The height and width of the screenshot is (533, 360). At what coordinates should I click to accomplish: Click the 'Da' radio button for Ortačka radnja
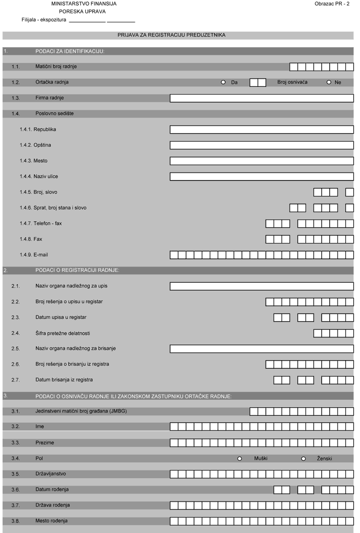tap(223, 82)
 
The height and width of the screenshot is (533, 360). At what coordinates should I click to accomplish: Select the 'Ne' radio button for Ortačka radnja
tap(329, 82)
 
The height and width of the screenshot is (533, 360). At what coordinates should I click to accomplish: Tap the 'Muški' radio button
tap(240, 459)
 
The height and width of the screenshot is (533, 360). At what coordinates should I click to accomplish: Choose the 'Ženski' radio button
tap(303, 459)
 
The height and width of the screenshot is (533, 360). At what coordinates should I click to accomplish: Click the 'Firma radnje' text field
tap(262, 98)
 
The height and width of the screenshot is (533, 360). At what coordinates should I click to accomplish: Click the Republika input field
tap(262, 130)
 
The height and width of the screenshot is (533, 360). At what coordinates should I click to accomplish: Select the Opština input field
tap(262, 145)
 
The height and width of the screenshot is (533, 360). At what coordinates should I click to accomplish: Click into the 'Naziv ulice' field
tap(262, 176)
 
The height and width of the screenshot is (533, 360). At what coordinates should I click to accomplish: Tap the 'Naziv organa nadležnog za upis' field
tap(262, 286)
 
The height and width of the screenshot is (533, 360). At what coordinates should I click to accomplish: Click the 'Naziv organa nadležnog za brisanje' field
tap(262, 349)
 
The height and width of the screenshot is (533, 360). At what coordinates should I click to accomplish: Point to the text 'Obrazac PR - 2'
tap(332, 4)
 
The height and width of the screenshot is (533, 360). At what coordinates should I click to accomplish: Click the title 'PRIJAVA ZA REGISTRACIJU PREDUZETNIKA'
tap(171, 35)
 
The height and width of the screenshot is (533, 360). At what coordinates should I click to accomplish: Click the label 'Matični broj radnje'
tap(56, 66)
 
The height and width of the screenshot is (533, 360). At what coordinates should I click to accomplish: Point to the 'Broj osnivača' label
tap(292, 82)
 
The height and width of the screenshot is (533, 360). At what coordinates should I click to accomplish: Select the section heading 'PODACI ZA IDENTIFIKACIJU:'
tap(70, 51)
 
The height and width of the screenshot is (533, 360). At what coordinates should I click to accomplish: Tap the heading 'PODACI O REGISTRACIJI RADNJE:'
tap(77, 270)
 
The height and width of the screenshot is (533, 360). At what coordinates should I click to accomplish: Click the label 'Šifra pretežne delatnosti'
tap(63, 333)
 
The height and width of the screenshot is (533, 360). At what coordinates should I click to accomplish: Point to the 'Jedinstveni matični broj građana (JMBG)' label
tap(81, 411)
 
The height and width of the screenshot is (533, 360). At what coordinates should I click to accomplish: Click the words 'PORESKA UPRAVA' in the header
tap(83, 12)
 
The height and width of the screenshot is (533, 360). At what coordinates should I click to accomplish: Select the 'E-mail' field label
tap(41, 254)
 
